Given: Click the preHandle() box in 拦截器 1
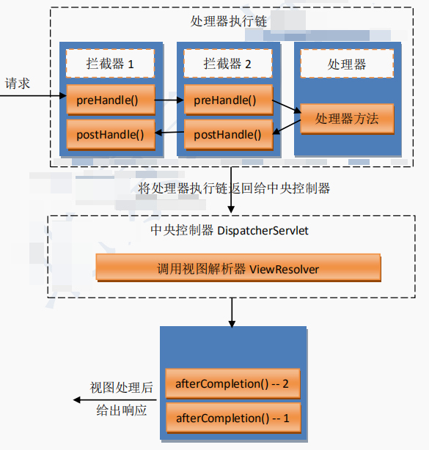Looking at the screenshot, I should click(106, 100).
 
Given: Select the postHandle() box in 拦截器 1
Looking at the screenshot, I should click(106, 134).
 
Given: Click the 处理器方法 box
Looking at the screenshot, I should click(347, 118).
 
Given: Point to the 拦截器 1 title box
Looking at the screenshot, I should click(110, 64).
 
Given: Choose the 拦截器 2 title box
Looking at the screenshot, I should click(227, 64).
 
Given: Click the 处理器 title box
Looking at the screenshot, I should click(348, 64).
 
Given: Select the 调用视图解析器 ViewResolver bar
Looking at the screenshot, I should click(238, 268).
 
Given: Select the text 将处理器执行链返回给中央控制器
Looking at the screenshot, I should click(234, 188).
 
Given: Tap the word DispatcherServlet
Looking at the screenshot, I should click(262, 231).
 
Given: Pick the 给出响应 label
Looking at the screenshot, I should click(122, 410).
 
